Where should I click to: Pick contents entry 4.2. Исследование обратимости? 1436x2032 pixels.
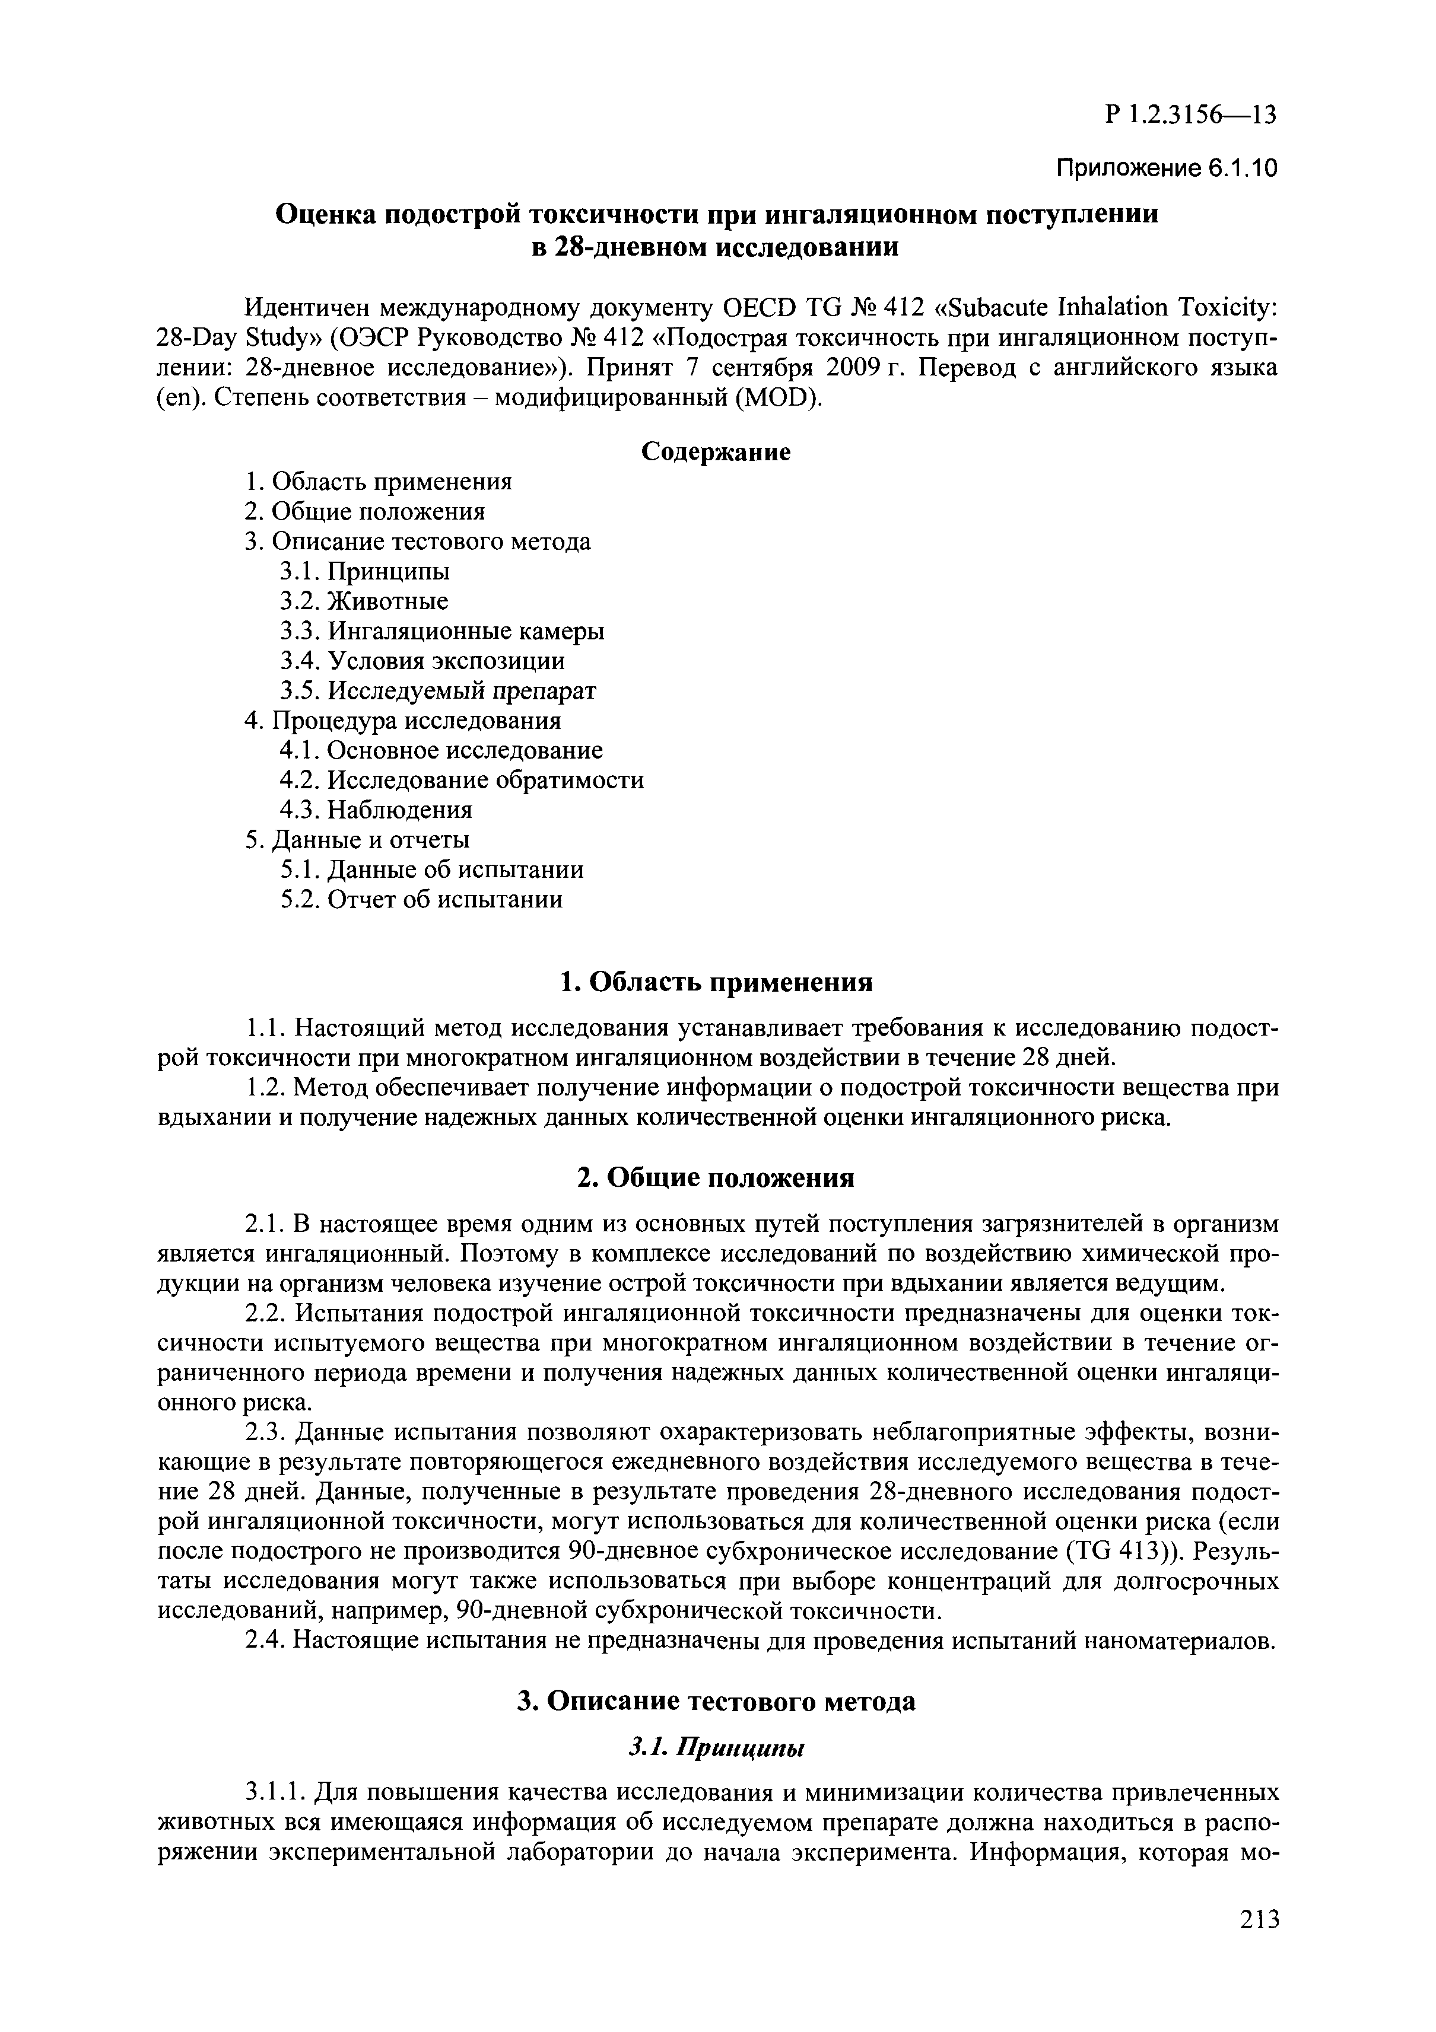461,780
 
